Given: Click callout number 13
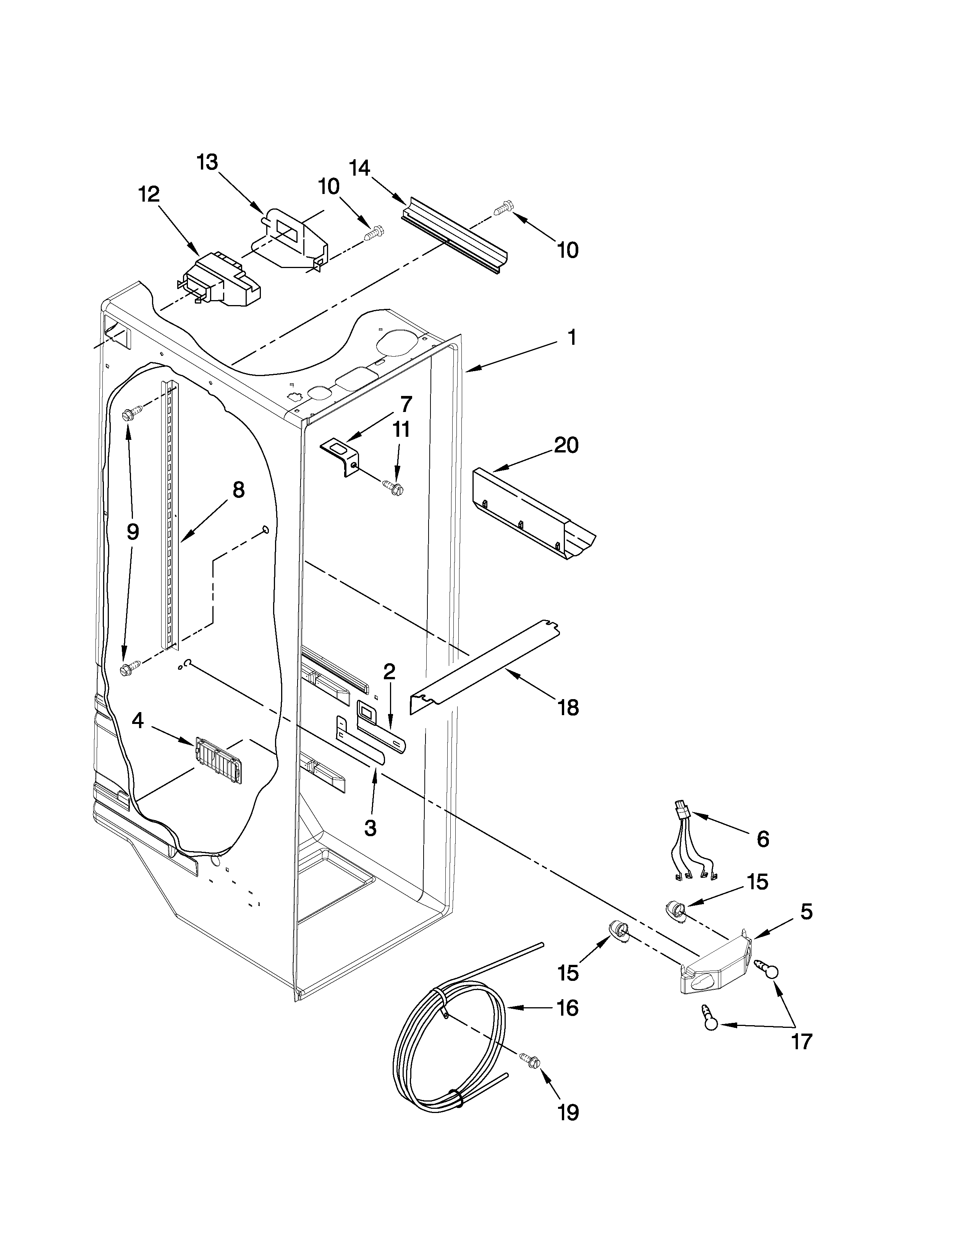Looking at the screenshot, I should click(207, 163).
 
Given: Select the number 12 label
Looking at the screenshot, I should click(149, 194).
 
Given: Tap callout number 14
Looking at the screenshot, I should click(359, 168).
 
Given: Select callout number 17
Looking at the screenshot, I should click(801, 1041).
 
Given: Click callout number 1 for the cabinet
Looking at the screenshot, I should click(571, 338).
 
